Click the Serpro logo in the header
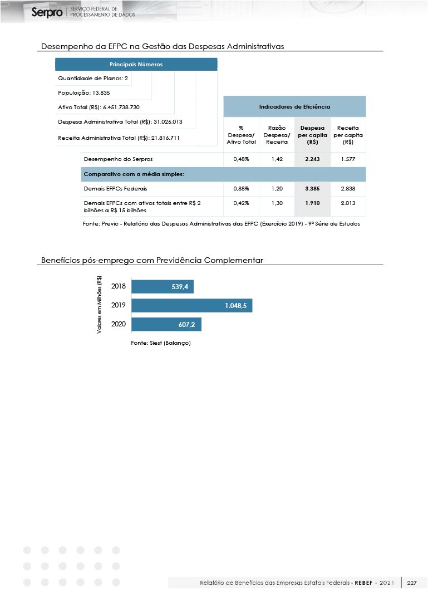point(47,12)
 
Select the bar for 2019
point(191,305)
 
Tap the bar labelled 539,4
point(163,287)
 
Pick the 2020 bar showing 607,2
point(166,324)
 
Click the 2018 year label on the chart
point(119,287)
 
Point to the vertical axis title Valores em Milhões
point(99,305)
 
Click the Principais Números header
point(136,65)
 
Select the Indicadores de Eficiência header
point(294,106)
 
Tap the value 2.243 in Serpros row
point(312,159)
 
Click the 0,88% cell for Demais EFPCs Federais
point(241,189)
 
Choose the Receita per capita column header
point(348,135)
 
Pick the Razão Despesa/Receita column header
point(277,135)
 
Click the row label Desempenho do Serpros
point(118,159)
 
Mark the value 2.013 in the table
point(348,203)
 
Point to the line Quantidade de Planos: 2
point(93,79)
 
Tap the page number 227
point(412,583)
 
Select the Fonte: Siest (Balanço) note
point(161,343)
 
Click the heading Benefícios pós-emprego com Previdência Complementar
point(152,260)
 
